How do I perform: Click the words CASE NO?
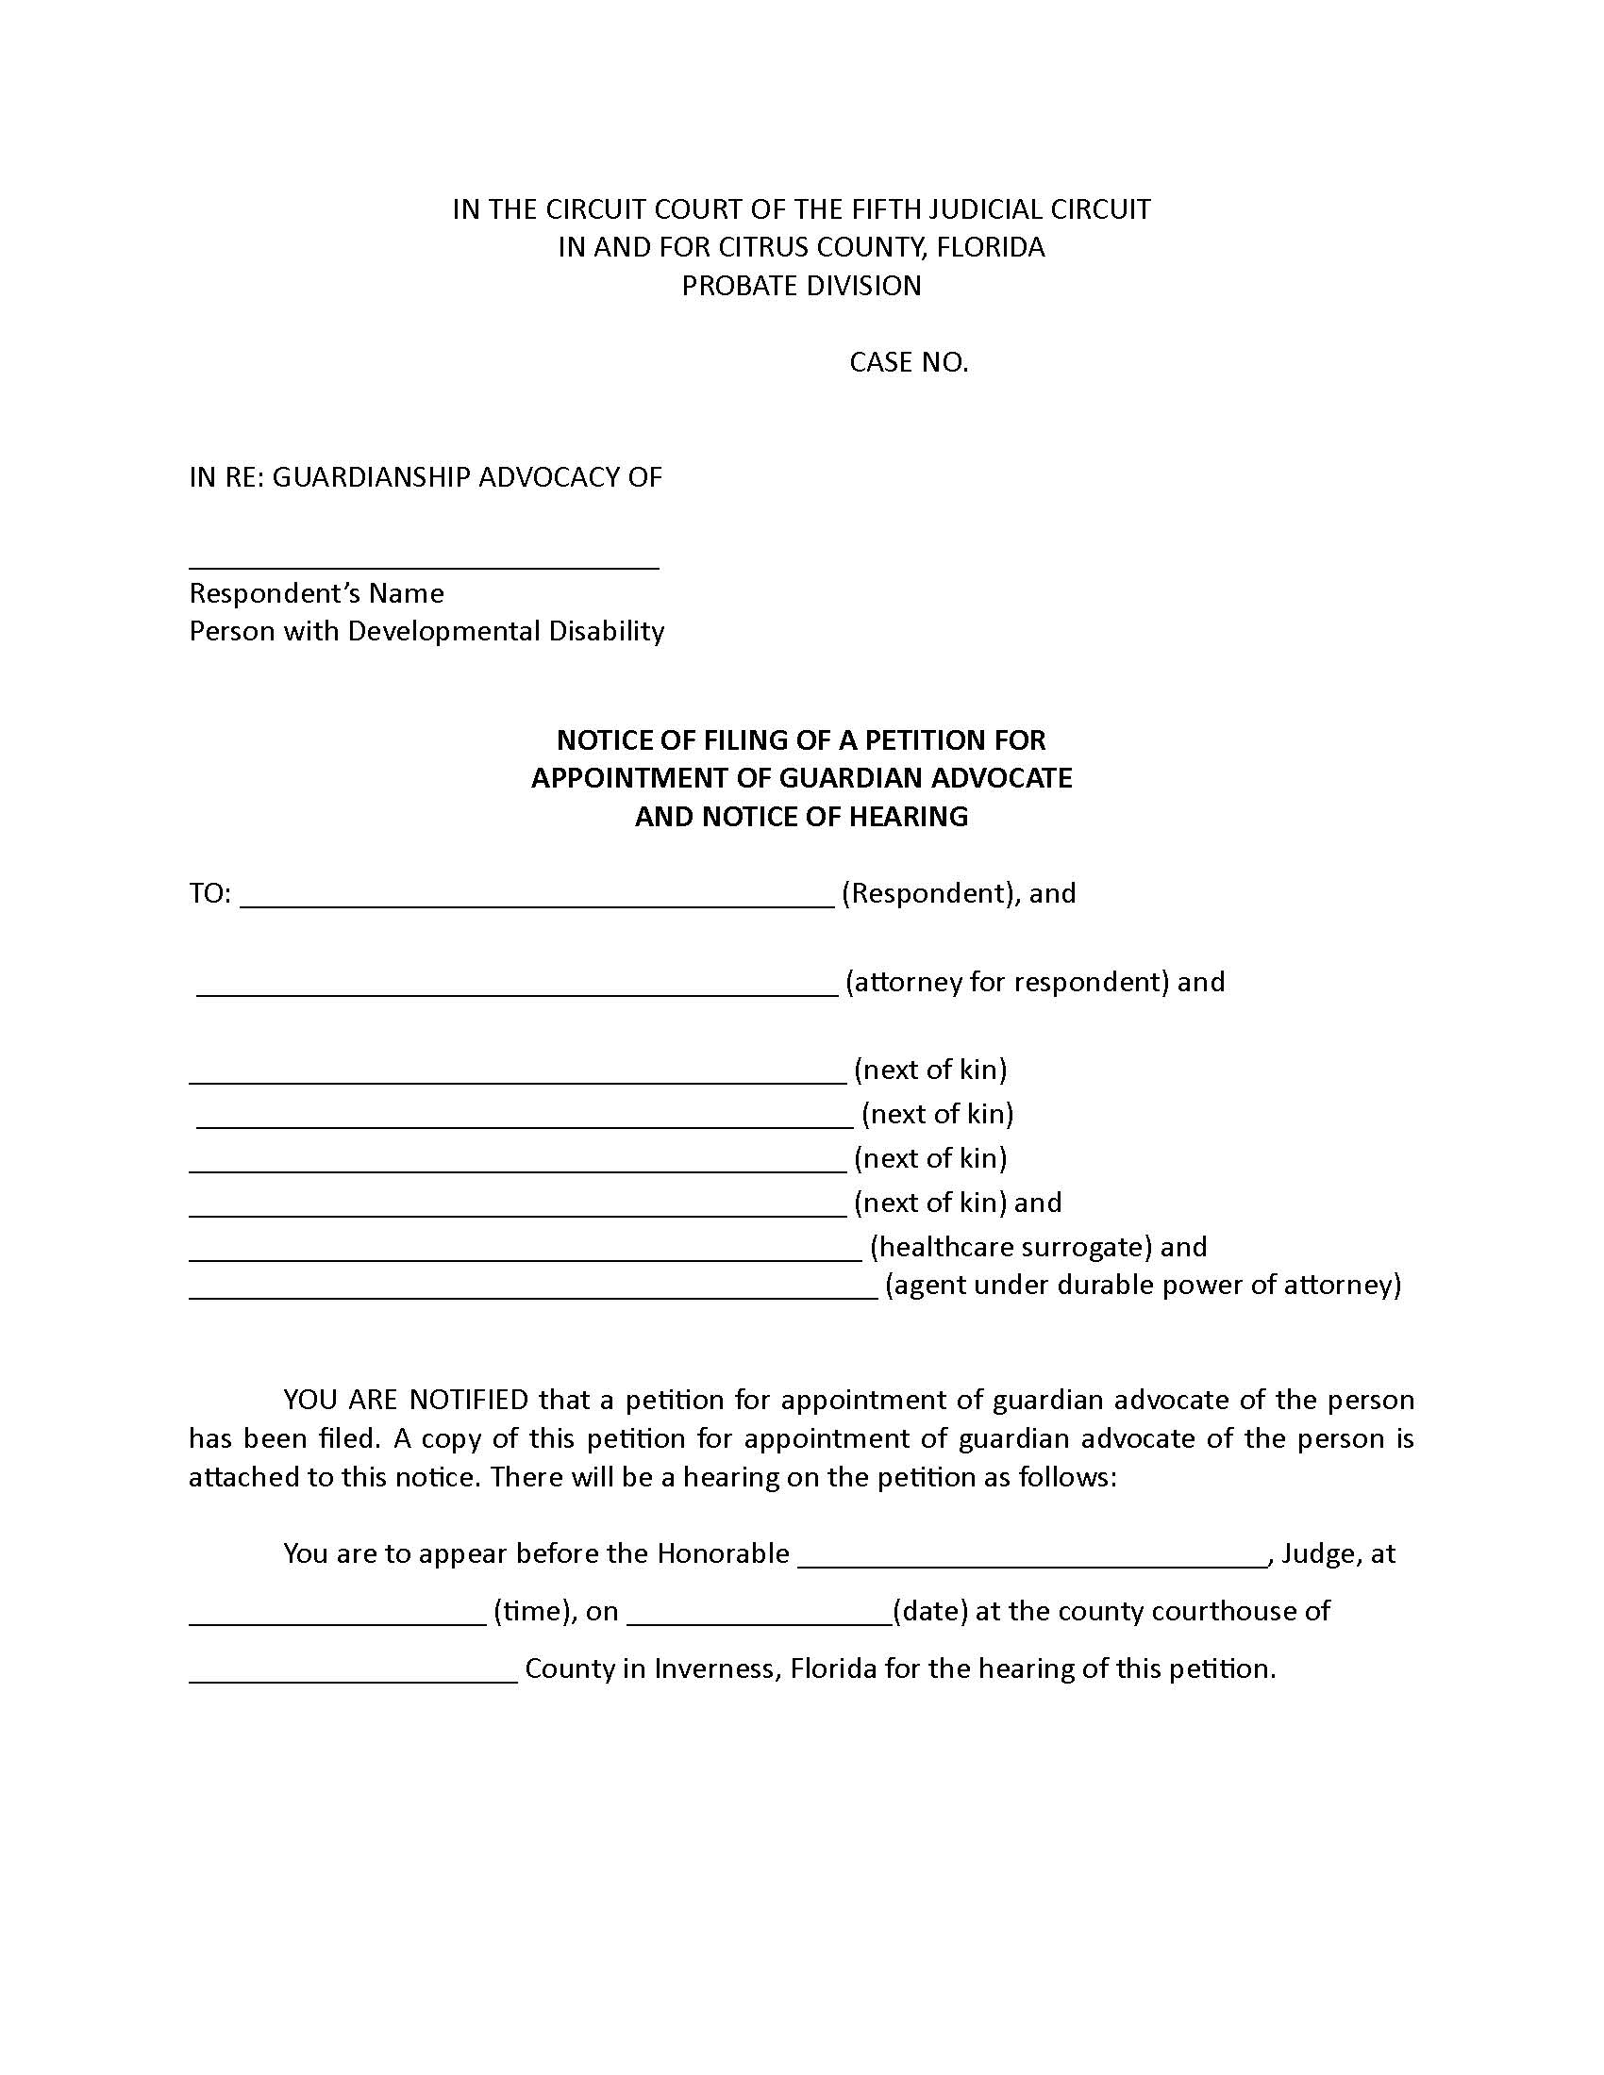point(909,362)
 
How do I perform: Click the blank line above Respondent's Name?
point(424,562)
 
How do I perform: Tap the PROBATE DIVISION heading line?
point(801,285)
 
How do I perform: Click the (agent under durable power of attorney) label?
point(1144,1285)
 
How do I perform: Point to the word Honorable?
point(723,1553)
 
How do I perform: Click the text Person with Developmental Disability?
point(426,631)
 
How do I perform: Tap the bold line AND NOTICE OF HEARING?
point(801,816)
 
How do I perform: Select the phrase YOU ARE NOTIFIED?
point(406,1400)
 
